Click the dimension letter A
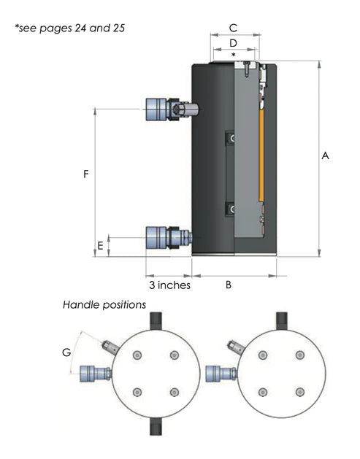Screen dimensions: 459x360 (x=326, y=156)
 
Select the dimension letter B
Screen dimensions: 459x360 (x=228, y=285)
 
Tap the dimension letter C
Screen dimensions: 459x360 (x=233, y=28)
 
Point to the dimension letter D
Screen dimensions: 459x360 (x=233, y=44)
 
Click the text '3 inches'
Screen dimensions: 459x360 (x=169, y=285)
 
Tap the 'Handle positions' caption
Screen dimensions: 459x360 (x=104, y=304)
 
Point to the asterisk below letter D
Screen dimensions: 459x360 (x=233, y=55)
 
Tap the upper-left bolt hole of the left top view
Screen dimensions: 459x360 (x=137, y=355)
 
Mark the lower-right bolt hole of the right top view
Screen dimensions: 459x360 (x=299, y=392)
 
